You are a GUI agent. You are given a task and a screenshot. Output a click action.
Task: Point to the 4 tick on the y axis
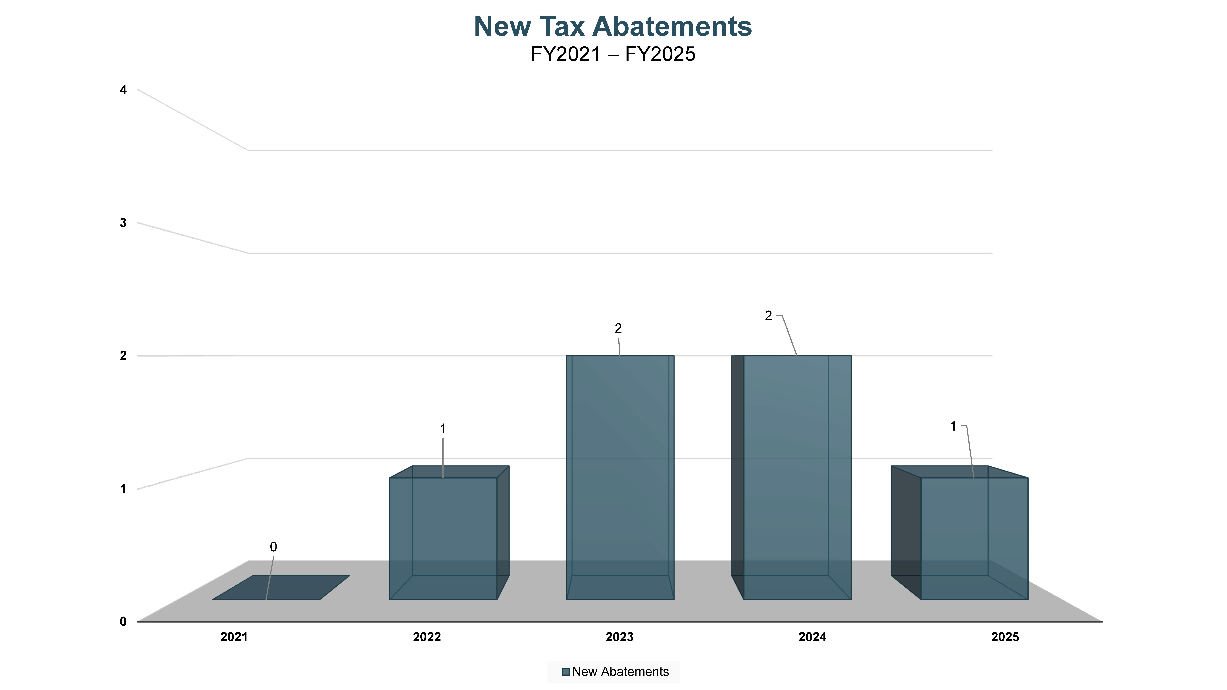click(x=123, y=90)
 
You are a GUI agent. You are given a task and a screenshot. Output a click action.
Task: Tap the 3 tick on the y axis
click(x=123, y=223)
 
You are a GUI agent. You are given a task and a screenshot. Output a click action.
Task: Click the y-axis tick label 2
click(x=123, y=356)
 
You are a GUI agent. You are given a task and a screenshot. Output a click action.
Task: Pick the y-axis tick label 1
click(x=123, y=489)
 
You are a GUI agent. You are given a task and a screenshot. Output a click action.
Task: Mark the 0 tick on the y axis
click(x=123, y=621)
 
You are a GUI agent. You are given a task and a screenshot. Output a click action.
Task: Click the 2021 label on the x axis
click(x=234, y=637)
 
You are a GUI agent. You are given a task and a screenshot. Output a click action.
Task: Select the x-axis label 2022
click(x=427, y=637)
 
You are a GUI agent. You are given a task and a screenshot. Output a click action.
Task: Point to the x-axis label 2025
click(x=1005, y=637)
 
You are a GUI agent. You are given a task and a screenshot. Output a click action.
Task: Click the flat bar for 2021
click(x=281, y=588)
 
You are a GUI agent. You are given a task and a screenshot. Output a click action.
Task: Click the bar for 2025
click(x=974, y=538)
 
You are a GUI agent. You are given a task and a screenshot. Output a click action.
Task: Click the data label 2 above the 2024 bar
click(x=768, y=316)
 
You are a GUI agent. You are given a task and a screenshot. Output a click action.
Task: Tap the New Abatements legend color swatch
click(x=566, y=672)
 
